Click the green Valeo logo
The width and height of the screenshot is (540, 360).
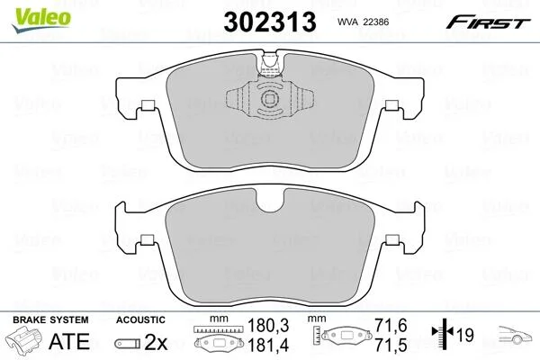tap(41, 20)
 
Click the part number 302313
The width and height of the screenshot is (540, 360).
tap(270, 22)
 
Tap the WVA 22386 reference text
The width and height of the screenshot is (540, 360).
tap(363, 22)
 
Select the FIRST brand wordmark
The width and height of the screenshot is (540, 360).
tap(488, 22)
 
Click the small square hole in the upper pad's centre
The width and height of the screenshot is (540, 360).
tap(269, 99)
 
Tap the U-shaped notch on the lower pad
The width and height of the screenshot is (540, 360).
tap(270, 202)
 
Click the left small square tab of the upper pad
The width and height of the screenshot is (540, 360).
tap(148, 105)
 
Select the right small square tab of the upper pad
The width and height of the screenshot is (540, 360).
tap(391, 105)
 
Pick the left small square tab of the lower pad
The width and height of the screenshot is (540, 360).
tap(148, 239)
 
